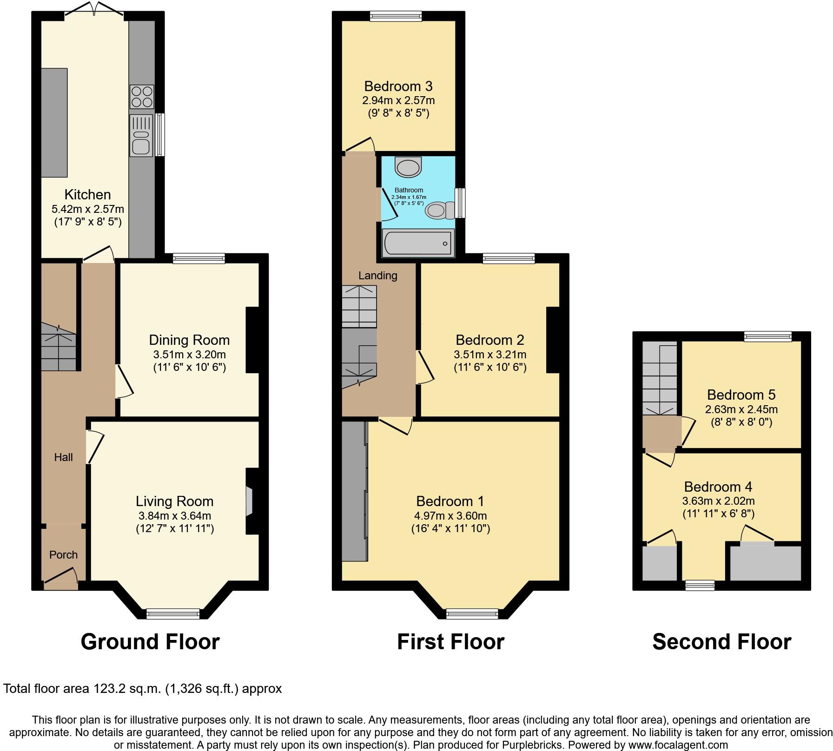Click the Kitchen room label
tap(87, 195)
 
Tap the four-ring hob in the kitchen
tap(142, 97)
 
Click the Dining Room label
tap(189, 340)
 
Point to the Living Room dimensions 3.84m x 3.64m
tap(175, 516)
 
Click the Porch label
tap(63, 555)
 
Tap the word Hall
tap(63, 457)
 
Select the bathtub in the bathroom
tap(418, 243)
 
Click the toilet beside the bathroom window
tap(439, 211)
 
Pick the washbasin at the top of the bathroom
tap(408, 167)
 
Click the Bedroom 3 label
tap(398, 86)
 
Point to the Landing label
tap(377, 276)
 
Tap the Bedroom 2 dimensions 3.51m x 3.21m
tap(490, 355)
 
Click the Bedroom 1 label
tap(450, 501)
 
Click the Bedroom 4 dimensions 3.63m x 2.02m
tap(718, 501)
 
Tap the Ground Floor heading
tap(150, 642)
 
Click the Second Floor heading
tap(721, 642)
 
